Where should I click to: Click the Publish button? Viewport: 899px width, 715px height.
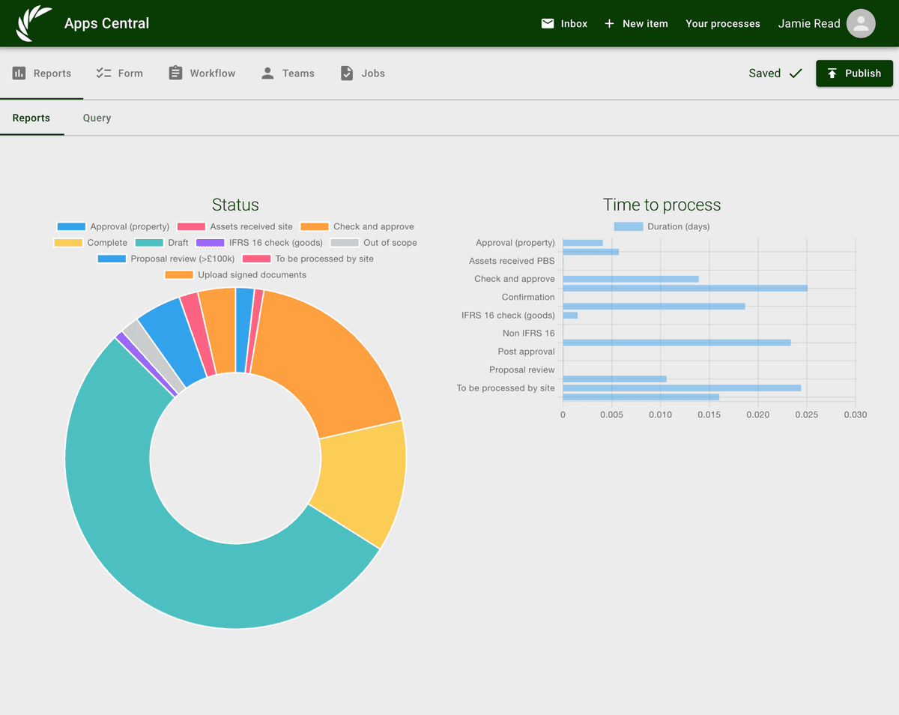[854, 73]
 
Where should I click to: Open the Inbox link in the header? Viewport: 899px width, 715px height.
[564, 23]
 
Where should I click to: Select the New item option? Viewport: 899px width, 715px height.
[636, 23]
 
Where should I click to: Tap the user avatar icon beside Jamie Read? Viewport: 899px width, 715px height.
[861, 24]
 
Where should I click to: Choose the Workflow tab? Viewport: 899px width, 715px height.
[202, 73]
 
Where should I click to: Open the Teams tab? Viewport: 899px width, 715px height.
[288, 73]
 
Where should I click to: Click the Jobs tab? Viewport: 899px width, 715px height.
[363, 73]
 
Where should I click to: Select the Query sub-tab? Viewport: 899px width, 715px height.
[97, 118]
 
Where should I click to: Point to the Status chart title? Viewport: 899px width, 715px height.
[235, 205]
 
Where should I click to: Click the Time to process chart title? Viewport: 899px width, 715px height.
[662, 205]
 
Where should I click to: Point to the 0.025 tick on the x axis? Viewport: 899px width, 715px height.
[807, 414]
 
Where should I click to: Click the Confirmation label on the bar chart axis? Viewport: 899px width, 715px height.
[528, 297]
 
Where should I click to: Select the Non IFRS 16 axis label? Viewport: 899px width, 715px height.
[528, 334]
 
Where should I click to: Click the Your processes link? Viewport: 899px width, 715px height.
[723, 23]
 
